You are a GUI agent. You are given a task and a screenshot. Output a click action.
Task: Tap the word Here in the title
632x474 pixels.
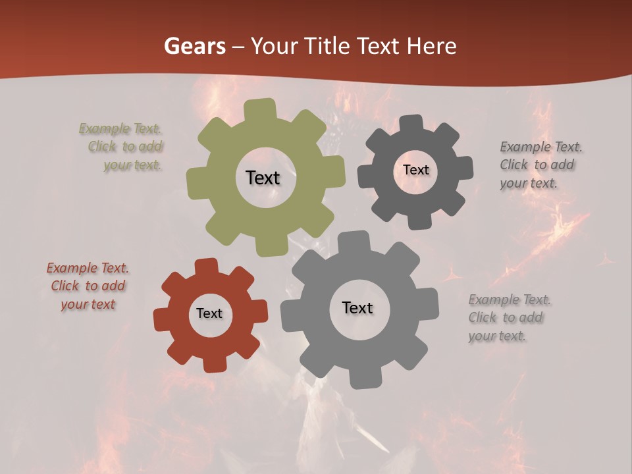431,46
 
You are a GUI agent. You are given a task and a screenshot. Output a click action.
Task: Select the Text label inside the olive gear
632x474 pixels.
263,178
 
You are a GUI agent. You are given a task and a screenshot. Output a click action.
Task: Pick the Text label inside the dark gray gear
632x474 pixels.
415,170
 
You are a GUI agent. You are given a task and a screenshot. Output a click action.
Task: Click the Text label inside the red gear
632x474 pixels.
209,313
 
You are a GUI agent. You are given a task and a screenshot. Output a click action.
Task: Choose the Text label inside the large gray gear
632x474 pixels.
357,308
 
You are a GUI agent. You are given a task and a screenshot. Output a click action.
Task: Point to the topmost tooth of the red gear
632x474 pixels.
206,267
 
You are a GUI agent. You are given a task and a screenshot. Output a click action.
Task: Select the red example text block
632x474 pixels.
88,286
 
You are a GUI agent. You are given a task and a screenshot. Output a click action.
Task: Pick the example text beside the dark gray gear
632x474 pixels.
540,165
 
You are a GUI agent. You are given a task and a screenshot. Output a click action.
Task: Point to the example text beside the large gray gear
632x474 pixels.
509,318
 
